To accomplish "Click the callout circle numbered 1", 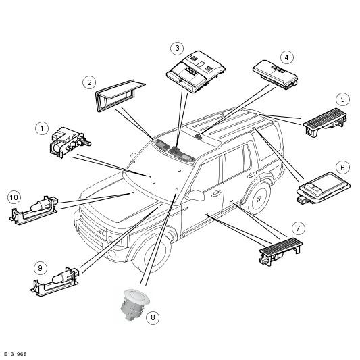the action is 42,128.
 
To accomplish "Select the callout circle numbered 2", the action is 89,82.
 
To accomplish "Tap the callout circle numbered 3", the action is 177,48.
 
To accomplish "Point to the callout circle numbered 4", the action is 287,57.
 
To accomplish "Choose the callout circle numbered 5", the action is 343,99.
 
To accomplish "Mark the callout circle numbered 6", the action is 343,168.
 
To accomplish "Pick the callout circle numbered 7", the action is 298,228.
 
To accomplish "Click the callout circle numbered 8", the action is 153,317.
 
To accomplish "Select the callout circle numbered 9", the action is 40,268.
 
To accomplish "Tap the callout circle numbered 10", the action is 14,197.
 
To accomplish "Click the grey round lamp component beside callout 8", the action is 135,304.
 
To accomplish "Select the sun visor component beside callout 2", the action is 120,96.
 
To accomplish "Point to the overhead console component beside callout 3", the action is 196,72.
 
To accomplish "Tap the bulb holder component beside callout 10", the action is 34,210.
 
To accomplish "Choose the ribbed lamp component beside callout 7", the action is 280,252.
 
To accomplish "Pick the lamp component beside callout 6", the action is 324,188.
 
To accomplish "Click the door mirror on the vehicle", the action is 196,195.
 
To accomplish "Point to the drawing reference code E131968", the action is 16,354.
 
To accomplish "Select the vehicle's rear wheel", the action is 260,197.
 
